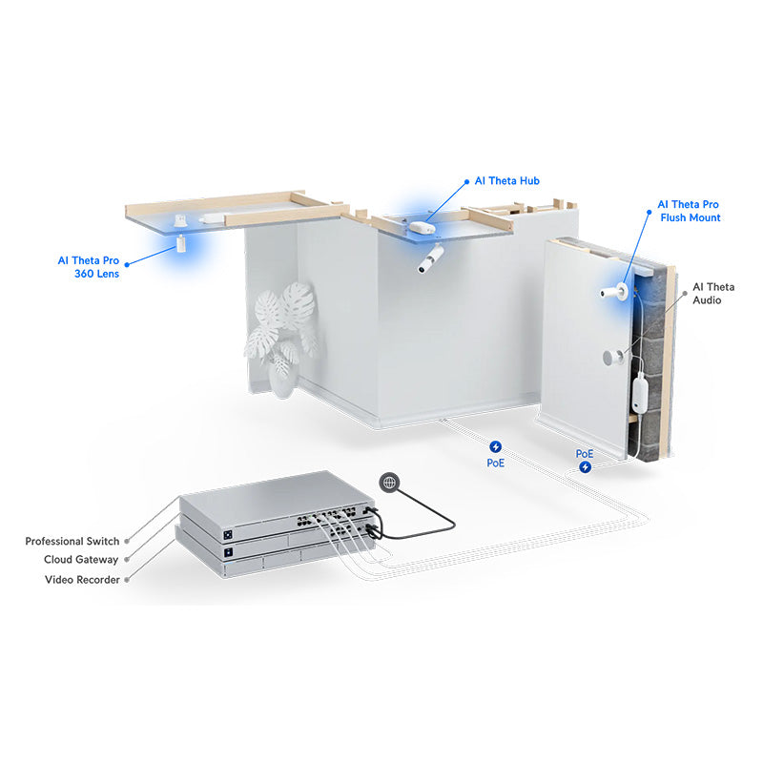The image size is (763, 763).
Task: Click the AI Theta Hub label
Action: pos(506,180)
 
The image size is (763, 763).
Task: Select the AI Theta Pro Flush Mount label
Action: pos(689,211)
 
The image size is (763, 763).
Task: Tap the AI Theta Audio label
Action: pos(713,293)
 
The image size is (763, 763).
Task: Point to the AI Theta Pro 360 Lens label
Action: pos(89,266)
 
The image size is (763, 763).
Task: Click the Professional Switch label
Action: pos(72,541)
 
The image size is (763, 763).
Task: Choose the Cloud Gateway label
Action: pos(81,560)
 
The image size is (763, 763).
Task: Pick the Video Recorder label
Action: pos(82,579)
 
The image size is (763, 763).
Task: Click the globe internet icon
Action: pos(388,483)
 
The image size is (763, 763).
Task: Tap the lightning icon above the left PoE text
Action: pos(496,446)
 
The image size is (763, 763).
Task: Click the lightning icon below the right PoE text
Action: pos(585,467)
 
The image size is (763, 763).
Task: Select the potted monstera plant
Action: pos(282,334)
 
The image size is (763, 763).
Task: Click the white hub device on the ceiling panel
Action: pos(422,227)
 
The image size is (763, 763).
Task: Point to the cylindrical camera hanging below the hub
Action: pos(432,258)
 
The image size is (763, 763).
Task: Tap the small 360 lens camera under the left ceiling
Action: pos(178,243)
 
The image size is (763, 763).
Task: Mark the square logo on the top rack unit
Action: pos(230,530)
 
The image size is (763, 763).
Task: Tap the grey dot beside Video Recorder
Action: pos(127,579)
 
